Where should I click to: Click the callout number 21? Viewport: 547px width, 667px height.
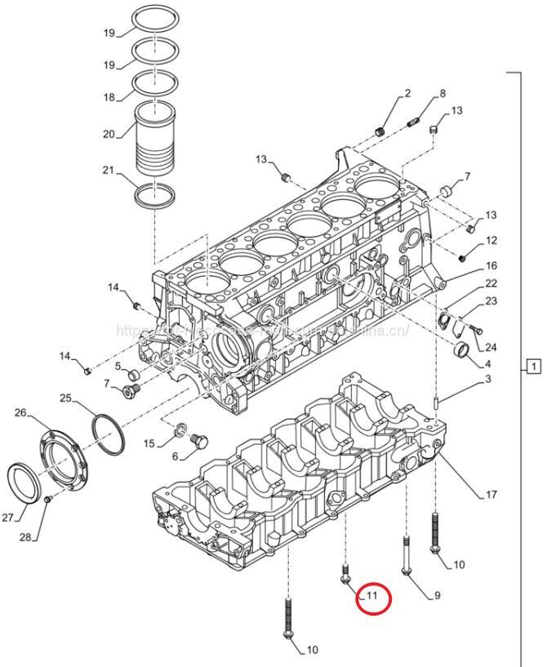[109, 171]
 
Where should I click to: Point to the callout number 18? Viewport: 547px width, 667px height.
[109, 96]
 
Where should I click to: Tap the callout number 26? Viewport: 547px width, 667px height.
[21, 412]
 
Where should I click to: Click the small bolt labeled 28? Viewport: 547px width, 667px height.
[48, 498]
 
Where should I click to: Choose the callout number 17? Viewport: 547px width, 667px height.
[491, 494]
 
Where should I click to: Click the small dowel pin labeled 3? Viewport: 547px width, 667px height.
[438, 401]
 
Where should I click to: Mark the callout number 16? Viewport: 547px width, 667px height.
[491, 266]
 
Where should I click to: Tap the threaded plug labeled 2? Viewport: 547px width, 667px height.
[379, 131]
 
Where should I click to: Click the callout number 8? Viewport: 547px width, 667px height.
[442, 93]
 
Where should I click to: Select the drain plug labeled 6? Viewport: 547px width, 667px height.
[195, 442]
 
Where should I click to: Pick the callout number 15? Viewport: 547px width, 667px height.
[149, 443]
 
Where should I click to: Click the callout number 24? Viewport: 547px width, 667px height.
[491, 346]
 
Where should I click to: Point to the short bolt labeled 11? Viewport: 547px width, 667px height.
[346, 574]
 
